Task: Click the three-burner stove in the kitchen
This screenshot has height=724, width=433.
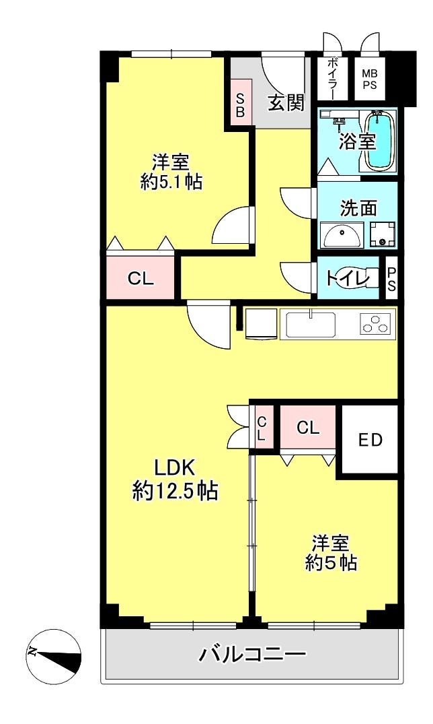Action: (x=378, y=323)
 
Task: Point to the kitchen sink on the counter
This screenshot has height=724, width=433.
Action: (x=311, y=324)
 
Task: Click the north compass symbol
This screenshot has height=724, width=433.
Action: (x=54, y=657)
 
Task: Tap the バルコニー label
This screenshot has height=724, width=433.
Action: (x=252, y=654)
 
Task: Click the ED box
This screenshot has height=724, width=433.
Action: (x=370, y=439)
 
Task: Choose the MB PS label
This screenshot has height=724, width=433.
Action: (x=369, y=79)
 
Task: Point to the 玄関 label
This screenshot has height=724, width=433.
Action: (x=286, y=102)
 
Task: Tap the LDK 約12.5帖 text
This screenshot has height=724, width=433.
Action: (x=175, y=480)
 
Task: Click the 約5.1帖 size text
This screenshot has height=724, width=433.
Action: (x=171, y=182)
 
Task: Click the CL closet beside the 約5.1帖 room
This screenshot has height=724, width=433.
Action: (x=141, y=278)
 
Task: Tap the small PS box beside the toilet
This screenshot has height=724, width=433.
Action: (x=391, y=278)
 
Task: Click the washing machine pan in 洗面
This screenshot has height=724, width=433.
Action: (x=383, y=234)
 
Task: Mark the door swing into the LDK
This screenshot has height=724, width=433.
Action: (x=209, y=324)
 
